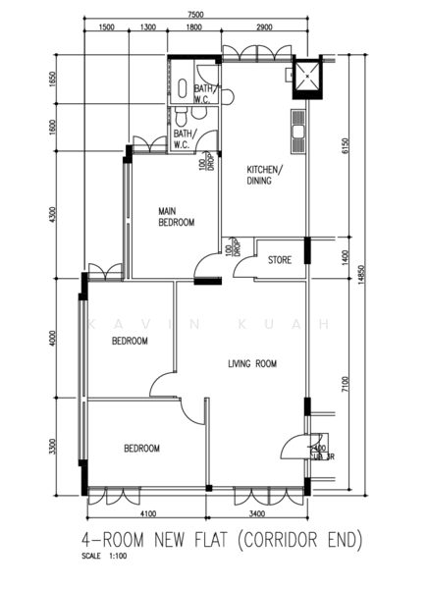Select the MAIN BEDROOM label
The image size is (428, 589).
click(177, 216)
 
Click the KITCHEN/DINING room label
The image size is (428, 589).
click(264, 175)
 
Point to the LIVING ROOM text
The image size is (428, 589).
click(252, 363)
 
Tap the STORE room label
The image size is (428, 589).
click(281, 260)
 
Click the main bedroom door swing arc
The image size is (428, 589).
click(205, 266)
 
